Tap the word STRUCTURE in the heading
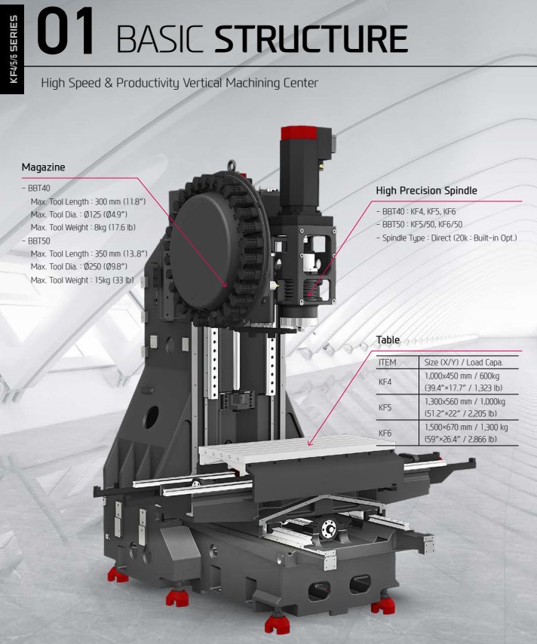pos(311,38)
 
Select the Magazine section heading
pos(43,167)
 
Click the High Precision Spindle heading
pos(426,191)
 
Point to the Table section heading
pos(388,340)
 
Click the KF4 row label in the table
pos(385,382)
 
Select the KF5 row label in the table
pos(385,407)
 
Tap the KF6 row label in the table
pos(385,433)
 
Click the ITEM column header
pos(387,363)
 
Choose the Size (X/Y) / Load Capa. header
pos(463,363)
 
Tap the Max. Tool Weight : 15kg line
pos(82,280)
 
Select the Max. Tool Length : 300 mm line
pos(87,201)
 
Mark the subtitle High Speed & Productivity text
pos(180,82)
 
